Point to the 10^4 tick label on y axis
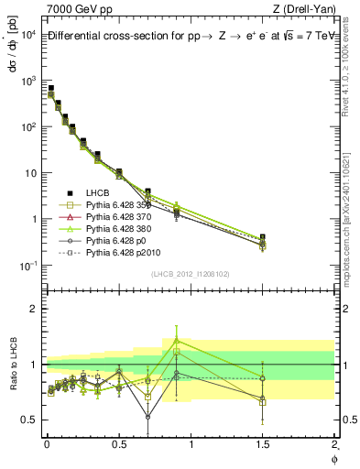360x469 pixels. tap(25, 35)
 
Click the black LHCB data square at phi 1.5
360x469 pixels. tap(263, 237)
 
